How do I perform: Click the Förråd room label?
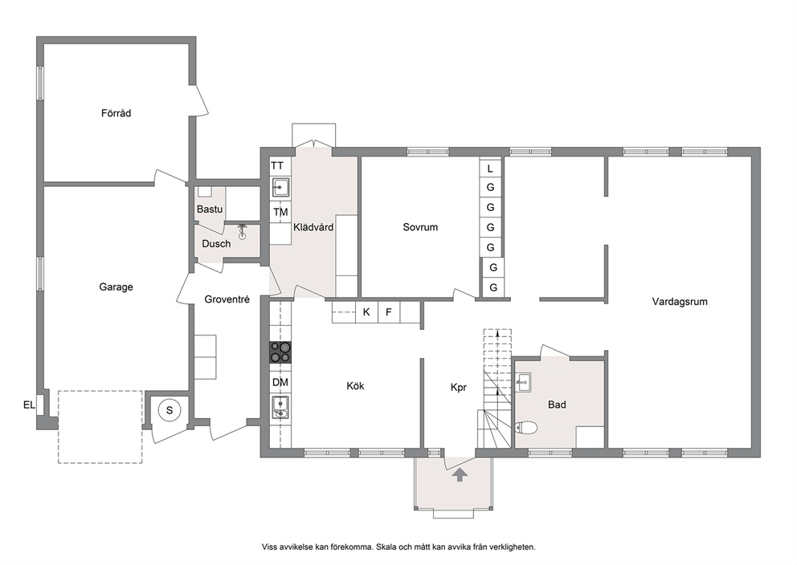pyautogui.click(x=116, y=113)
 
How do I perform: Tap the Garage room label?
pyautogui.click(x=116, y=287)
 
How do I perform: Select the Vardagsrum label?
pyautogui.click(x=680, y=302)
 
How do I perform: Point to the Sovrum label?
pyautogui.click(x=420, y=227)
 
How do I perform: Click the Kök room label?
pyautogui.click(x=355, y=386)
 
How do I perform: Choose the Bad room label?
pyautogui.click(x=557, y=404)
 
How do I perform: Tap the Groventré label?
pyautogui.click(x=227, y=299)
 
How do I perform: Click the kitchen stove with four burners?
pyautogui.click(x=280, y=352)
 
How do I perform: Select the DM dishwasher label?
pyautogui.click(x=280, y=382)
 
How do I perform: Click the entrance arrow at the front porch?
pyautogui.click(x=460, y=474)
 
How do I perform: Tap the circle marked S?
pyautogui.click(x=170, y=410)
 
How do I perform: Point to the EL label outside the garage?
pyautogui.click(x=30, y=404)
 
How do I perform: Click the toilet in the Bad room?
pyautogui.click(x=526, y=428)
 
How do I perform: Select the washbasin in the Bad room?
pyautogui.click(x=523, y=382)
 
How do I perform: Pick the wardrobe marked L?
pyautogui.click(x=491, y=168)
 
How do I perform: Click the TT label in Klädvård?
pyautogui.click(x=277, y=165)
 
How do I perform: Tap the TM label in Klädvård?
pyautogui.click(x=280, y=212)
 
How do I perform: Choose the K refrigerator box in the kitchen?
pyautogui.click(x=366, y=311)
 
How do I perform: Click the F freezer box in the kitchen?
pyautogui.click(x=389, y=311)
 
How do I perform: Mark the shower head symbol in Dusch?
pyautogui.click(x=243, y=231)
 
